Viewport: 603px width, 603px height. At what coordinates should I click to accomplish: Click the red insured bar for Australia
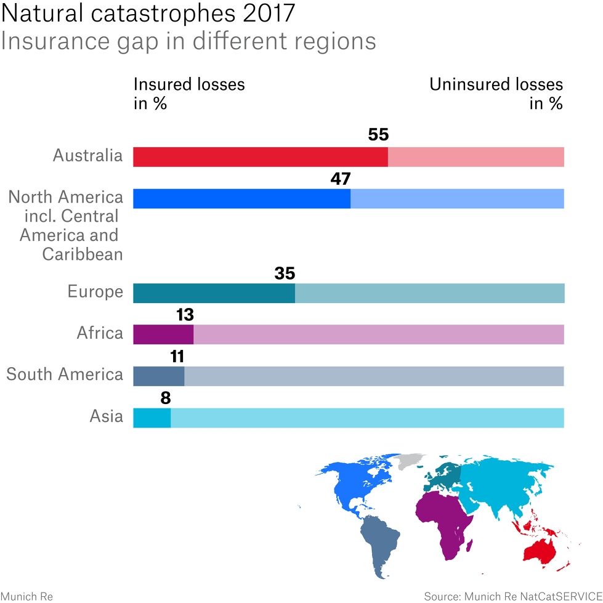coord(261,157)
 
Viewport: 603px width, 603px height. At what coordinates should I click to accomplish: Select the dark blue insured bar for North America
coord(241,198)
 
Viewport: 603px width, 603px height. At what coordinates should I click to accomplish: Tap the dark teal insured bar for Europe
coord(214,293)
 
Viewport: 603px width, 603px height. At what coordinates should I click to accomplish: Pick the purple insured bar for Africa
coord(163,334)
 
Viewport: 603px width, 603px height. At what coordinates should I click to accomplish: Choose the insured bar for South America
coord(158,376)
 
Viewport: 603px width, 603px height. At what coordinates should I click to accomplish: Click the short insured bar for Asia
coord(152,418)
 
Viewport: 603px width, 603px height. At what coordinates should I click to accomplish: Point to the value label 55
coord(378,135)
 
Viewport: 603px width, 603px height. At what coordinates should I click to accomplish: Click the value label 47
coord(340,179)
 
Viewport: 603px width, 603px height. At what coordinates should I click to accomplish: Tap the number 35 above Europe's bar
coord(285,273)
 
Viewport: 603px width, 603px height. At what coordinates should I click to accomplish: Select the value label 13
coord(185,315)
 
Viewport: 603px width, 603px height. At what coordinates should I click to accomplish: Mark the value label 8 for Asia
coord(165,398)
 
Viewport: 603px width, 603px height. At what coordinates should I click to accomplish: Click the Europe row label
coord(95,291)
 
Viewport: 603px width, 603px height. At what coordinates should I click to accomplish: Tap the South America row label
coord(65,374)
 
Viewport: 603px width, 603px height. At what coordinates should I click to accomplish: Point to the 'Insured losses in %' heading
coord(189,94)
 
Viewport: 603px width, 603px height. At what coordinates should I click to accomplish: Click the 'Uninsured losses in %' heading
coord(496,94)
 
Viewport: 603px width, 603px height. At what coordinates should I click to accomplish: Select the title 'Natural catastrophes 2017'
coord(148,14)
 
